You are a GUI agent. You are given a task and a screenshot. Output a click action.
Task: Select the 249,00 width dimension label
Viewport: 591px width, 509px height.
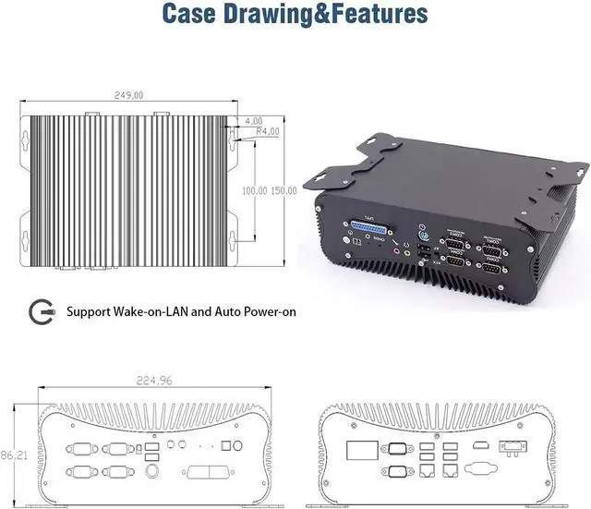(x=128, y=94)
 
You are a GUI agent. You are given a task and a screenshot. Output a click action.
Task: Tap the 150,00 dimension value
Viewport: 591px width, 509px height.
(x=284, y=190)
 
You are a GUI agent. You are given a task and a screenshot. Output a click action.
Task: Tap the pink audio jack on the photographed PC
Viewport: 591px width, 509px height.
(x=395, y=249)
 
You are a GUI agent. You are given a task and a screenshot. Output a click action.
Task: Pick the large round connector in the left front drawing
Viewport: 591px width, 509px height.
(x=151, y=470)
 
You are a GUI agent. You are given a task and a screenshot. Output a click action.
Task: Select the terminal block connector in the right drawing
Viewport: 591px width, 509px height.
(x=511, y=446)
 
